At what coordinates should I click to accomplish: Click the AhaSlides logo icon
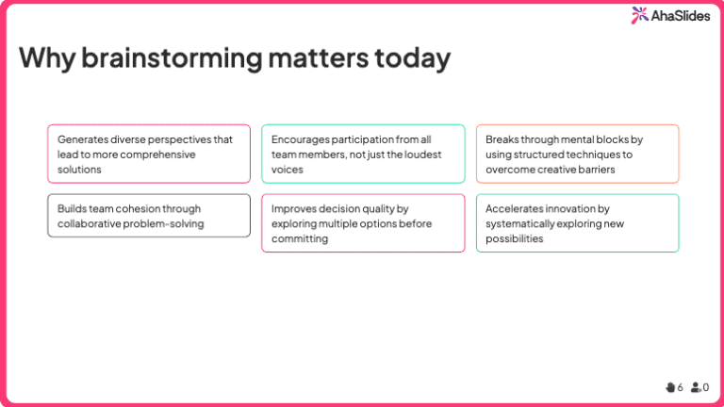(639, 14)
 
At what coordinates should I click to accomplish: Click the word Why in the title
(46, 57)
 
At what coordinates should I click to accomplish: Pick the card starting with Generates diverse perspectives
(149, 154)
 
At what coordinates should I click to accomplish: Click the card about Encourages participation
(363, 154)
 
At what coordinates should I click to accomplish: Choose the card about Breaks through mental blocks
(577, 154)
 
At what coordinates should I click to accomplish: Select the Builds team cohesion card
(149, 216)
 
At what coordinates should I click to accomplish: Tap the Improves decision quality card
(363, 223)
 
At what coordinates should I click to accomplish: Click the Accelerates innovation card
(577, 223)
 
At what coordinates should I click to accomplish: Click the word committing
(300, 239)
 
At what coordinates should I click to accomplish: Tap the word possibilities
(515, 239)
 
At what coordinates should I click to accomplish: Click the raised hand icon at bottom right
(670, 386)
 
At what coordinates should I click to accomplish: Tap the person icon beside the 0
(696, 386)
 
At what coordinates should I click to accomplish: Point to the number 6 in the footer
(681, 387)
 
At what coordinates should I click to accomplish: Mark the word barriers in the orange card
(595, 170)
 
